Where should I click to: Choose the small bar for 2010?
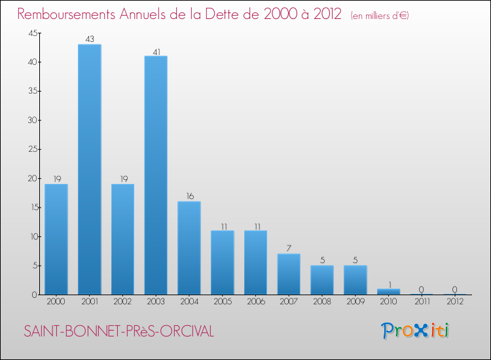[388, 292]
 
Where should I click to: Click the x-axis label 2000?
[56, 302]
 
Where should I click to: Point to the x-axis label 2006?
[255, 302]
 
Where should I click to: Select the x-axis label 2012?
[455, 302]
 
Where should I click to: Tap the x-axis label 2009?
[355, 302]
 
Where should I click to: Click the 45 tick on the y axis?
[31, 33]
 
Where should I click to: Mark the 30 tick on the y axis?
[31, 120]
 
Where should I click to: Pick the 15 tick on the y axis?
[31, 207]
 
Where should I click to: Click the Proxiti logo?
[416, 331]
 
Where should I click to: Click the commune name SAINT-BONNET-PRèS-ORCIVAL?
[118, 332]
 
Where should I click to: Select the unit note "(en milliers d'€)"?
[380, 16]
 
